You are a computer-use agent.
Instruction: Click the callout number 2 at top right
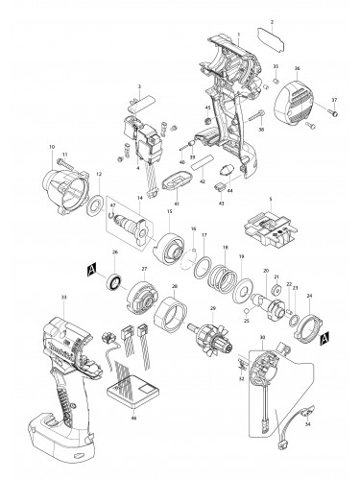pyautogui.click(x=272, y=21)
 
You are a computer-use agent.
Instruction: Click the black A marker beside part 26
pyautogui.click(x=91, y=269)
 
